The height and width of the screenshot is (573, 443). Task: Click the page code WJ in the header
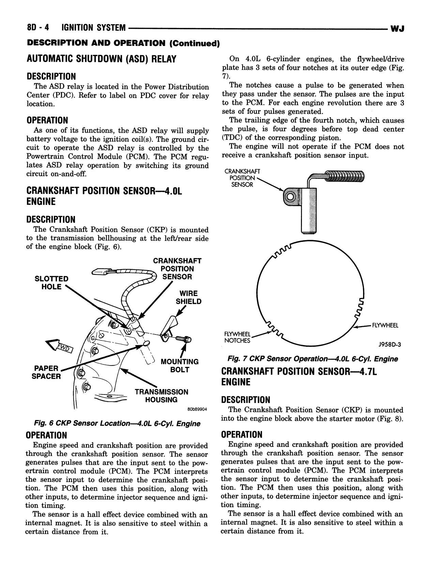pos(397,29)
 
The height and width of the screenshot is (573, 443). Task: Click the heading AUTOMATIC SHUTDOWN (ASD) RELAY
pos(101,59)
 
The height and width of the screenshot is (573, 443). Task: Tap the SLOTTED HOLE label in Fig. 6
pos(51,283)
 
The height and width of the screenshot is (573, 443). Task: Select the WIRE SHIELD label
pos(188,297)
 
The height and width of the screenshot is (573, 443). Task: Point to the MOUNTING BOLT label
pos(180,366)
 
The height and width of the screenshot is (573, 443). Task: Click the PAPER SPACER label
pos(46,372)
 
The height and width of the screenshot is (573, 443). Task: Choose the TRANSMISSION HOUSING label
pos(161,396)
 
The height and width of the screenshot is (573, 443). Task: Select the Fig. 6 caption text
pos(117,423)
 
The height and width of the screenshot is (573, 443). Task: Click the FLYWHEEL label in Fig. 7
pos(385,325)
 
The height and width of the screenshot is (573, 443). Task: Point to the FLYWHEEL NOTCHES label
pos(237,337)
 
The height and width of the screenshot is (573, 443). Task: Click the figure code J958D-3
pos(389,344)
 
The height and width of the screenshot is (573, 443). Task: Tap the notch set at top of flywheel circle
pos(283,250)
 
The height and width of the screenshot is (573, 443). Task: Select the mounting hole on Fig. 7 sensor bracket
pos(290,197)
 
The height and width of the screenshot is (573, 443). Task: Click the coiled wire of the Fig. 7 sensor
pos(344,177)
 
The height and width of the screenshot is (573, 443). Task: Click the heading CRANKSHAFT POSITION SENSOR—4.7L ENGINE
pos(299,376)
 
